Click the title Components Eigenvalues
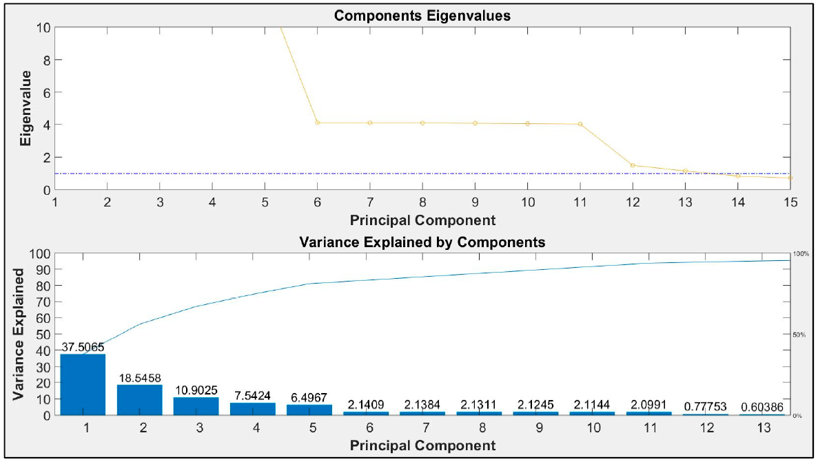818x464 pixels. pyautogui.click(x=422, y=15)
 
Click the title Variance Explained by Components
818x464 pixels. pyautogui.click(x=422, y=242)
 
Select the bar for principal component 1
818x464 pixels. pyautogui.click(x=83, y=385)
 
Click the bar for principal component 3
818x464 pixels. pyautogui.click(x=196, y=406)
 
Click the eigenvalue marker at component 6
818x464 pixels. pyautogui.click(x=317, y=123)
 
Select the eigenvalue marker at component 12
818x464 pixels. pyautogui.click(x=633, y=165)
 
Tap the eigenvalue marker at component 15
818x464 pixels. pyautogui.click(x=790, y=178)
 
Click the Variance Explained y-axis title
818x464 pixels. pyautogui.click(x=21, y=335)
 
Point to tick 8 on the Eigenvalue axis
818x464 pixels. pyautogui.click(x=45, y=60)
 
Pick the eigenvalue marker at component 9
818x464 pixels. pyautogui.click(x=475, y=123)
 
